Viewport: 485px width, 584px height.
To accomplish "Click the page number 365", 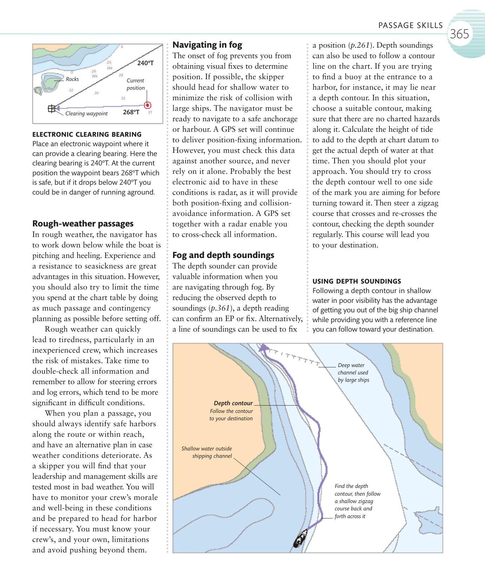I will tap(459, 34).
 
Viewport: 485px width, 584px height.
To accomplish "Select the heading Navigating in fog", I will tap(207, 45).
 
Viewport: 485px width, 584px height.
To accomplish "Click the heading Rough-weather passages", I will tap(83, 224).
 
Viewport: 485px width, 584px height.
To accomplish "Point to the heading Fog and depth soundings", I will tap(223, 255).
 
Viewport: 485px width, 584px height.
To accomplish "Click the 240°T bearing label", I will tap(146, 63).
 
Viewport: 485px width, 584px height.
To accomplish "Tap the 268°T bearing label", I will tap(131, 112).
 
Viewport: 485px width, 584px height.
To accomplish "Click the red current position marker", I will tap(148, 105).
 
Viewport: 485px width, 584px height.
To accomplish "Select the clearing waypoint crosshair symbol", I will tap(52, 109).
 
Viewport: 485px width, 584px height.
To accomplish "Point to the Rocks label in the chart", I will tap(72, 79).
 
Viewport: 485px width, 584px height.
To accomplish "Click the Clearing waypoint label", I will tap(86, 114).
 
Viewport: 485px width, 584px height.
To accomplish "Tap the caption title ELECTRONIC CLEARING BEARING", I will tap(87, 134).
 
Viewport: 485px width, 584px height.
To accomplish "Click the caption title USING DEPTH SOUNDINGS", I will tap(357, 281).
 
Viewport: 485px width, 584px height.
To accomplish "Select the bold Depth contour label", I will tap(233, 403).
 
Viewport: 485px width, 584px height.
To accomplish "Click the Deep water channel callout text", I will tap(353, 373).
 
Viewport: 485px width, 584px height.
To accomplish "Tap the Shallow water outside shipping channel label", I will tap(207, 452).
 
